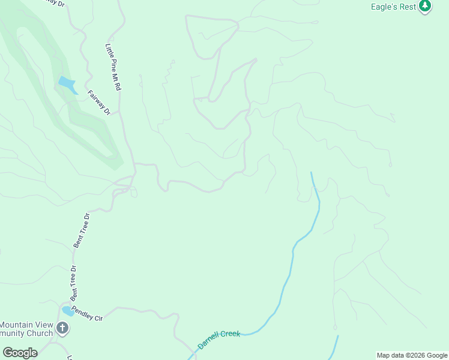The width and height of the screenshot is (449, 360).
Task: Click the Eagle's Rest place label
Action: coord(394,7)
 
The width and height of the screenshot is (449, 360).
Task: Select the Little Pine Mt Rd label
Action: coord(113,67)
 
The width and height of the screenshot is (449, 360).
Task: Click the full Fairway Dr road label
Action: coord(100,103)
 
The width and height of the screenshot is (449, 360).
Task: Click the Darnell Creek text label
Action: coord(218,340)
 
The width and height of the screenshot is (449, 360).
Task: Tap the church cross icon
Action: coord(62,328)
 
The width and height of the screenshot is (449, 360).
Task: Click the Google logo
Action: coord(20,352)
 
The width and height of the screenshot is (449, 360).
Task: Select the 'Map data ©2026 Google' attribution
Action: coord(412,355)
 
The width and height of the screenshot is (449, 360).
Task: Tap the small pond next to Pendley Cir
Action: coord(68,311)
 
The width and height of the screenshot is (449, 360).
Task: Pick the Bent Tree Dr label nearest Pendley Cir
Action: coord(74,283)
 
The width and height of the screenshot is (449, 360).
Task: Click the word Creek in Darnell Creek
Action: coord(230,335)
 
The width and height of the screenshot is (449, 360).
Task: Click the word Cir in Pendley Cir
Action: coord(98,317)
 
